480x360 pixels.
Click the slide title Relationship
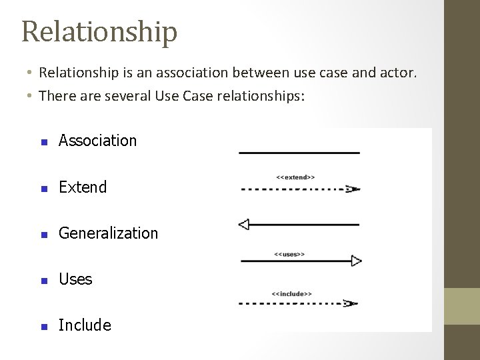99,31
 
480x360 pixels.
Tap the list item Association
97,141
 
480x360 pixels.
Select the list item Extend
83,187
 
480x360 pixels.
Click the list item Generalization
108,233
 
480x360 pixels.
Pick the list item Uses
75,279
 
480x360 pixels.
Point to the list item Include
85,325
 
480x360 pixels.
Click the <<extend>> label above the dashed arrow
295,177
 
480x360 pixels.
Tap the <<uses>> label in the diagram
289,254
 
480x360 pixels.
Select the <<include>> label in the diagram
291,293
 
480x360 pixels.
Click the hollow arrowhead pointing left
244,224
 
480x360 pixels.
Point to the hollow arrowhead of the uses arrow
356,261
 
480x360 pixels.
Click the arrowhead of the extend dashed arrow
353,189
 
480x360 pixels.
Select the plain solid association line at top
299,153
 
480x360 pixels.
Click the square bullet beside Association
43,141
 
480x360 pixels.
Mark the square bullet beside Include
43,326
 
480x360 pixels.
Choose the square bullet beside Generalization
43,234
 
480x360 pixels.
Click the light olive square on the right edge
462,306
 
